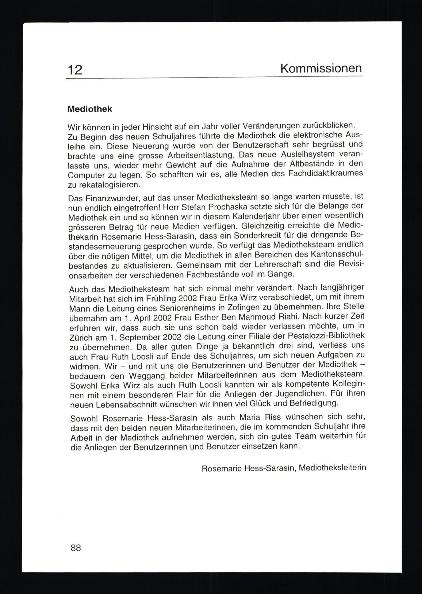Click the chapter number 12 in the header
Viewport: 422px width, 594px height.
coord(75,70)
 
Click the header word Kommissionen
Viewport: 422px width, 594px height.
coord(321,68)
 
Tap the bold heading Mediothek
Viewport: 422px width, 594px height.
coord(90,109)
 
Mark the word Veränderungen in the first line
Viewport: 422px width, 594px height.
coord(271,126)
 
